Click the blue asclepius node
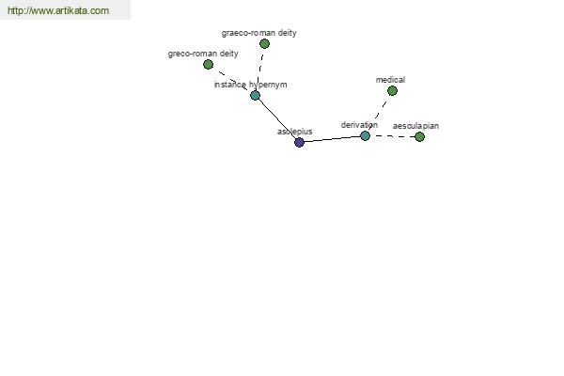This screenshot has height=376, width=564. coord(299,143)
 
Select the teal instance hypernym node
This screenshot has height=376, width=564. coord(255,96)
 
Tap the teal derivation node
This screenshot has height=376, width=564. coord(365,136)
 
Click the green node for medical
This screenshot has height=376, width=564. coord(392,90)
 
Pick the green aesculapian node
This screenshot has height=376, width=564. coord(420,136)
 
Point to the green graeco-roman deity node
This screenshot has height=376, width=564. coord(264,44)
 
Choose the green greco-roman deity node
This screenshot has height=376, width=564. coord(209,65)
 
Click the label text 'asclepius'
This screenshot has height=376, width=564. coord(294,132)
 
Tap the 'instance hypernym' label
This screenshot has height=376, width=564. coord(250,85)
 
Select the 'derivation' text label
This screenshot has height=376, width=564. coord(359,125)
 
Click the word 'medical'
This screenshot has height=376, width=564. coord(390,80)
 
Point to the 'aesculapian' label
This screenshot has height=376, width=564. coord(415,126)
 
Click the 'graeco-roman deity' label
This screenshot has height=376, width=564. coord(259,33)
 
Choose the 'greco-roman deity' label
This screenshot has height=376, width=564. coord(203,54)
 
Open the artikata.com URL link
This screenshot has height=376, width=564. coord(58,10)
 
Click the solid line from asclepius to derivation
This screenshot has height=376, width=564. coord(332,139)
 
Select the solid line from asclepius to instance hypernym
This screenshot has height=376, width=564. coord(277,119)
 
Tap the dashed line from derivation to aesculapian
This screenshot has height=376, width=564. coord(392,136)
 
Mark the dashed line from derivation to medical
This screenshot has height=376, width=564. coord(379,112)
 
